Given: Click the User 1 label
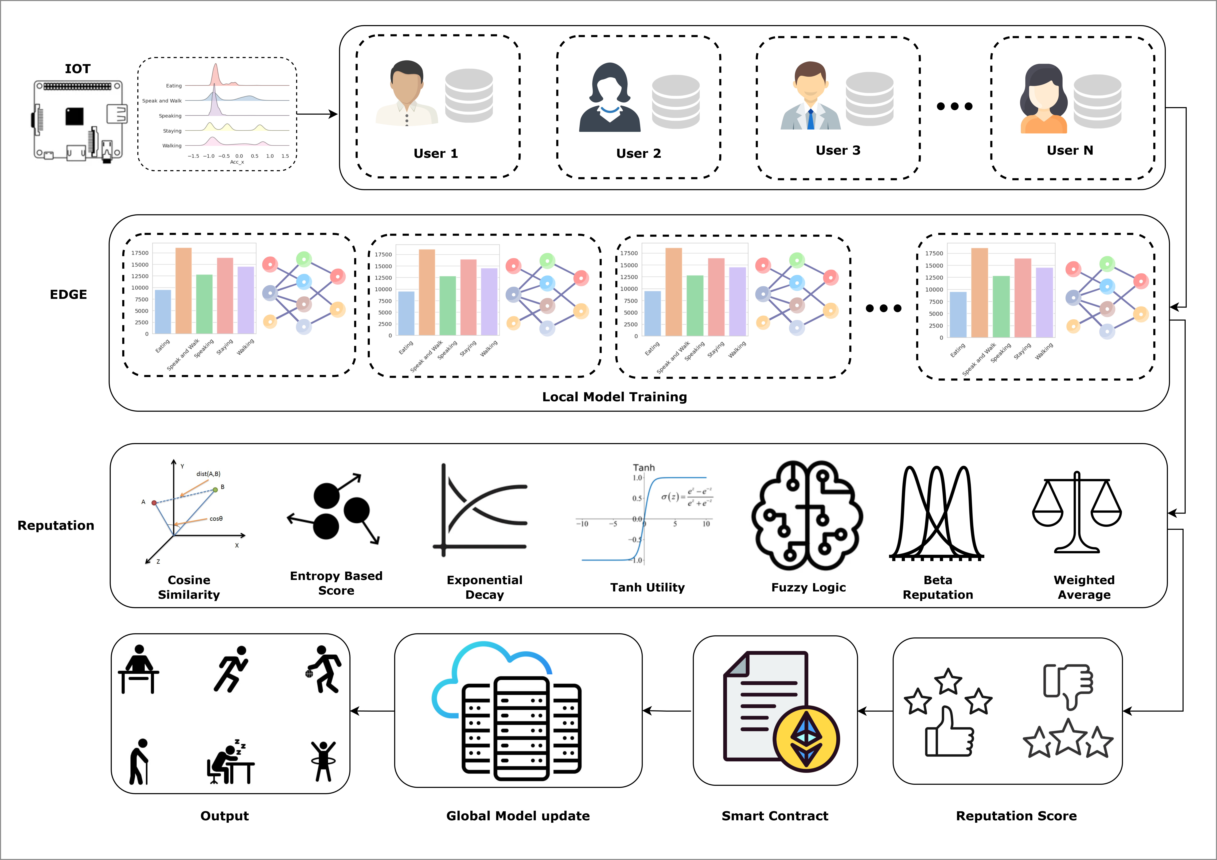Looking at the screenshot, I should coord(435,154).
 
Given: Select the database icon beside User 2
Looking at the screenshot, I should coord(675,102).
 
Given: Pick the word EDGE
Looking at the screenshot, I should coord(68,295).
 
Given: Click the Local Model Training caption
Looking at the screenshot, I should coord(614,397).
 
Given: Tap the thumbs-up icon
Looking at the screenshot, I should coord(949,733).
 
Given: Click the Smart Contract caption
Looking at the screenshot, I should coord(774,816).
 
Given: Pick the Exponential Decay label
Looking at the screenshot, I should coord(485,587).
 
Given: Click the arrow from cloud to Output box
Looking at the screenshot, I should coord(373,711).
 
